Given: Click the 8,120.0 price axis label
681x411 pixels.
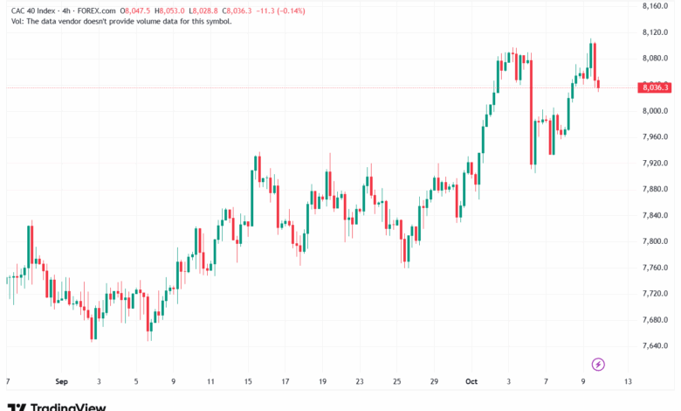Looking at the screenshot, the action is [655, 32].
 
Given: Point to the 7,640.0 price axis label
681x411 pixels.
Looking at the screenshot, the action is [655, 345].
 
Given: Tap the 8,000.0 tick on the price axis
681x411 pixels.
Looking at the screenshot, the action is [655, 111].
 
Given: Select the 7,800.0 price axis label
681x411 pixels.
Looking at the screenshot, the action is [655, 241].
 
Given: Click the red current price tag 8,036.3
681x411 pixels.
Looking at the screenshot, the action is [655, 87].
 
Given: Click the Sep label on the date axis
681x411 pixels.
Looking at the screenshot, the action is [61, 381].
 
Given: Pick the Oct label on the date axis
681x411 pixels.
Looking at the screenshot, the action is [471, 381].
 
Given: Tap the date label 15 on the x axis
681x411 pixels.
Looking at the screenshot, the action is [248, 381].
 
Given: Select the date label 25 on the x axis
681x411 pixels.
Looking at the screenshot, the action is [396, 381].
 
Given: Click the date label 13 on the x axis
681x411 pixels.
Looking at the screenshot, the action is [628, 381].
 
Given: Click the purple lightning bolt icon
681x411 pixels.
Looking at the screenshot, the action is [598, 365].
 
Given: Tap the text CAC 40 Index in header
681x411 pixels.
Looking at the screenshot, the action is [33, 10].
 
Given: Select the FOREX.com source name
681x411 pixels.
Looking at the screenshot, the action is [96, 10].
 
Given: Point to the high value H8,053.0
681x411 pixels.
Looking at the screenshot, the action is [169, 10].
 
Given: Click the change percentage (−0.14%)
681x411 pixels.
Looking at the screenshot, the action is [292, 10].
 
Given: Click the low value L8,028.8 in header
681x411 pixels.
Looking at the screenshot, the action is [203, 10].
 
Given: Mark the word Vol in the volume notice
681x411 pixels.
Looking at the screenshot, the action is [17, 21].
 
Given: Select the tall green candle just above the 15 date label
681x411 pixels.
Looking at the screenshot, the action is [252, 198].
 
